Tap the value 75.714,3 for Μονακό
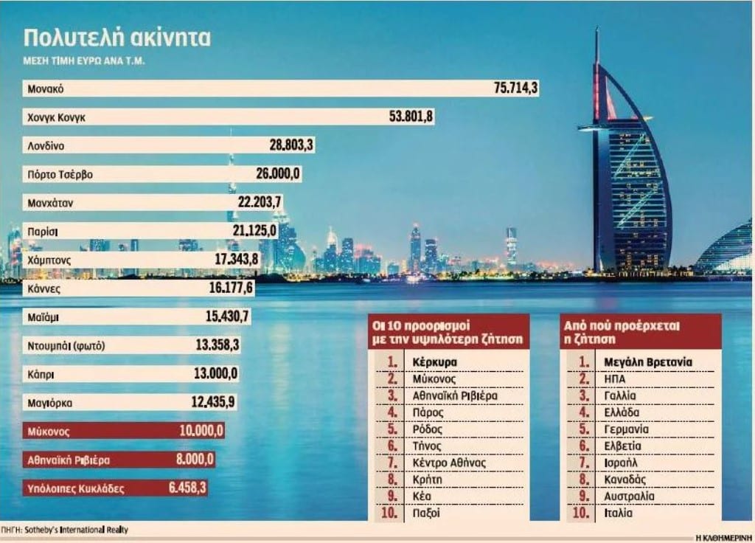click(515, 89)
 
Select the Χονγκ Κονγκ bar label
click(59, 117)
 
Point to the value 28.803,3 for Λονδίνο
click(291, 145)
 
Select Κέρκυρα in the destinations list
click(435, 362)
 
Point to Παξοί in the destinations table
click(426, 513)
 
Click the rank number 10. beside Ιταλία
click(582, 513)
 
